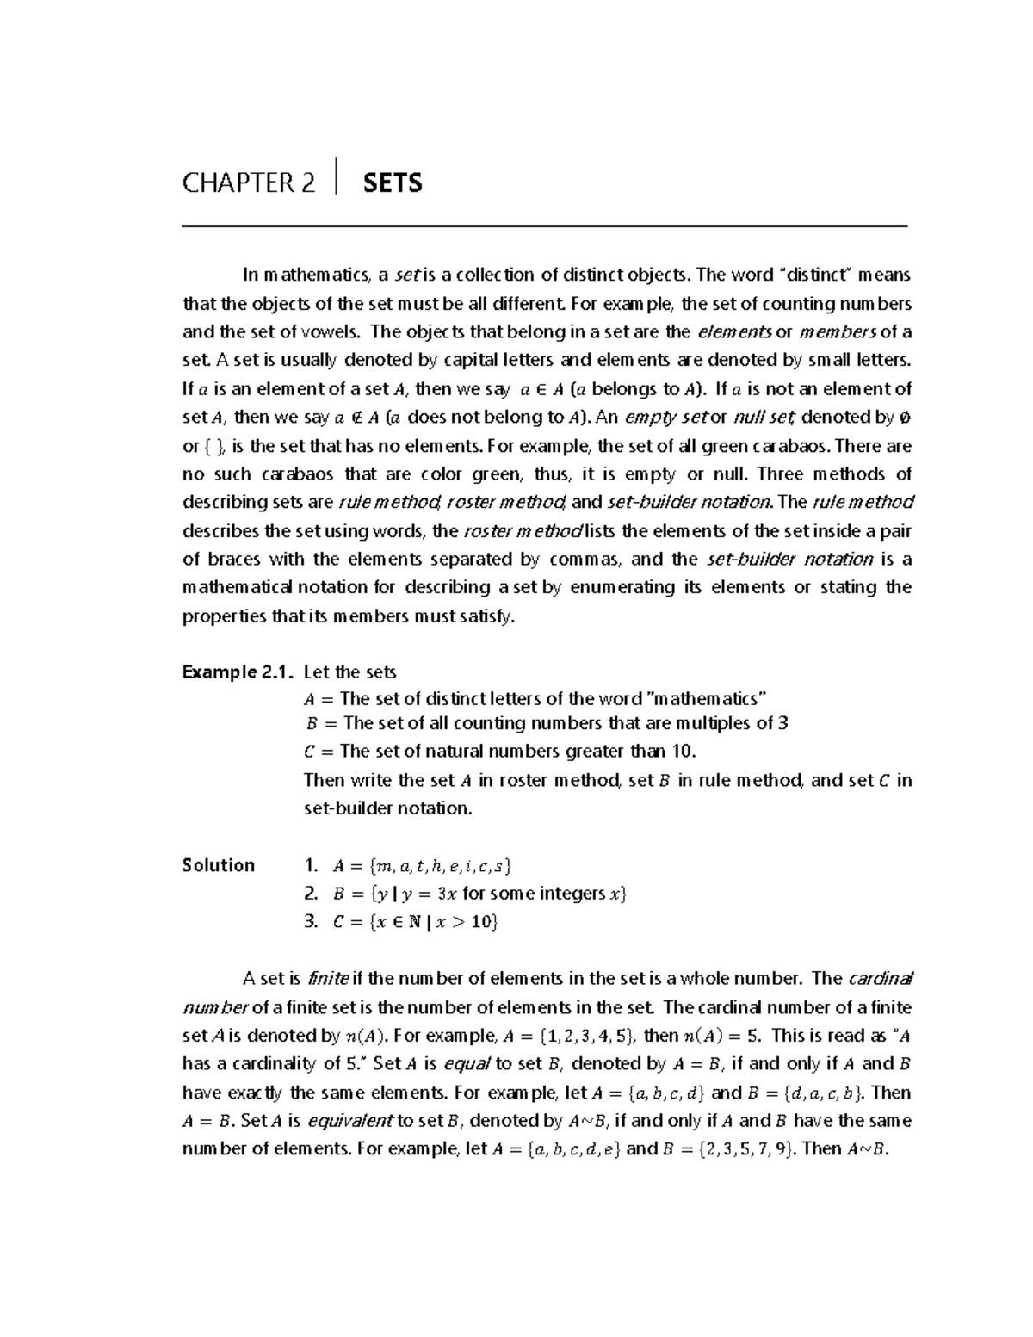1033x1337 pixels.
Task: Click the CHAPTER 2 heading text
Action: [249, 183]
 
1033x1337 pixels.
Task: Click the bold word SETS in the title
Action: [393, 183]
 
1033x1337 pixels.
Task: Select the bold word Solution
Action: [219, 865]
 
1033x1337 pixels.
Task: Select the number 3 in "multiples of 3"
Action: [782, 723]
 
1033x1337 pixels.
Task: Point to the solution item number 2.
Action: [312, 894]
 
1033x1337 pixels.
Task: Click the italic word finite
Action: [328, 979]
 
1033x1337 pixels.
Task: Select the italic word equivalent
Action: [349, 1121]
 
